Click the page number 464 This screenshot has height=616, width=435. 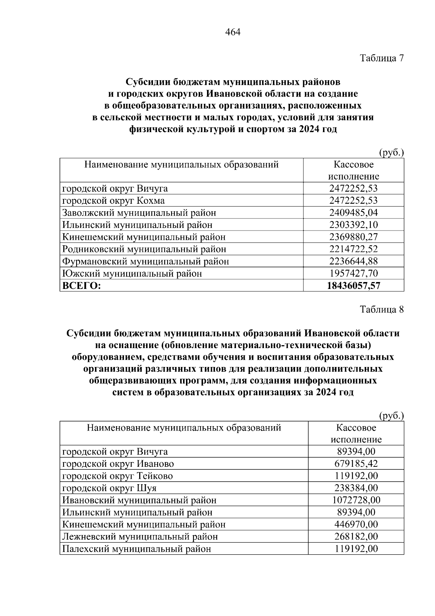click(x=233, y=33)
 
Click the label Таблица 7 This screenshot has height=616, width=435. click(x=381, y=58)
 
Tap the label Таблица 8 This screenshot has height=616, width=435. click(x=381, y=309)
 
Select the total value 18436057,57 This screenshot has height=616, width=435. click(x=353, y=286)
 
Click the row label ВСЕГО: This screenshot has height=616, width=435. click(x=82, y=286)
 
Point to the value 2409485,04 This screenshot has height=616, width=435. click(x=353, y=213)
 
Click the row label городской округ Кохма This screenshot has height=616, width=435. click(x=113, y=201)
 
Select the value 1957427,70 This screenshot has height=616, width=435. click(x=353, y=273)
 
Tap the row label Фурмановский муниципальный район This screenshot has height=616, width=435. click(x=145, y=261)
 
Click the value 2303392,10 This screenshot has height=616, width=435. click(x=353, y=225)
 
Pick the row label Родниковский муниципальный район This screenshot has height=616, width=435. click(x=144, y=249)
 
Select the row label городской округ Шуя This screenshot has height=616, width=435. click(x=109, y=488)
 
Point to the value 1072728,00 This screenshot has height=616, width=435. click(x=356, y=500)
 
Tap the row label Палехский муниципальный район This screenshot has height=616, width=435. click(x=137, y=549)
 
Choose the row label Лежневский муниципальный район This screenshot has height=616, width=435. click(x=140, y=537)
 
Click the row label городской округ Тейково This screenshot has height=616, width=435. click(x=117, y=476)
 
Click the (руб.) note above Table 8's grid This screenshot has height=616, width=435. click(x=391, y=416)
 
